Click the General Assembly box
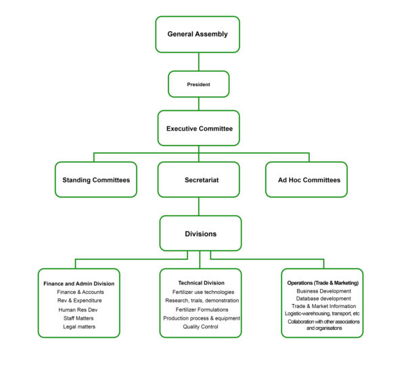tap(198, 34)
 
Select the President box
tap(198, 85)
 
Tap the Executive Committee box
tap(198, 127)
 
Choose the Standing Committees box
tap(95, 179)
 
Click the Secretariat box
tap(198, 179)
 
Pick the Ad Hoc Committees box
tap(306, 179)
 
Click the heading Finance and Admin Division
tap(79, 283)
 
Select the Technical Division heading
tap(201, 282)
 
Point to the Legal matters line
tap(79, 326)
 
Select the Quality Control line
tap(201, 326)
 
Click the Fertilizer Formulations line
tap(201, 309)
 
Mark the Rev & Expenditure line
tap(79, 300)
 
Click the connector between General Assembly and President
tap(198, 62)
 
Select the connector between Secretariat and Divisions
tap(198, 207)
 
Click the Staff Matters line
tap(79, 318)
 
